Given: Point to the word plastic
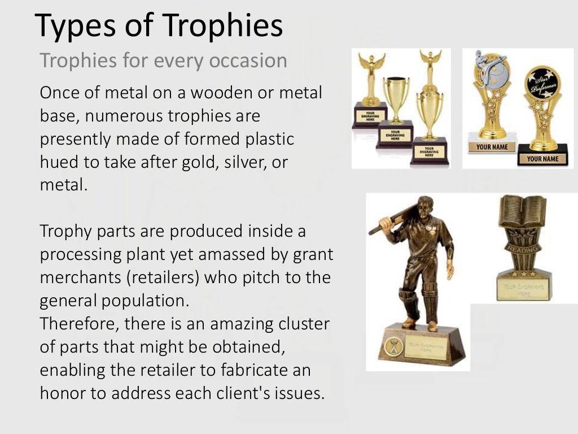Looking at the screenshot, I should click(268, 139).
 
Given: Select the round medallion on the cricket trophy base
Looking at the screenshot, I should click(392, 345).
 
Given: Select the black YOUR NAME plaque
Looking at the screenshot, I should click(542, 159).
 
